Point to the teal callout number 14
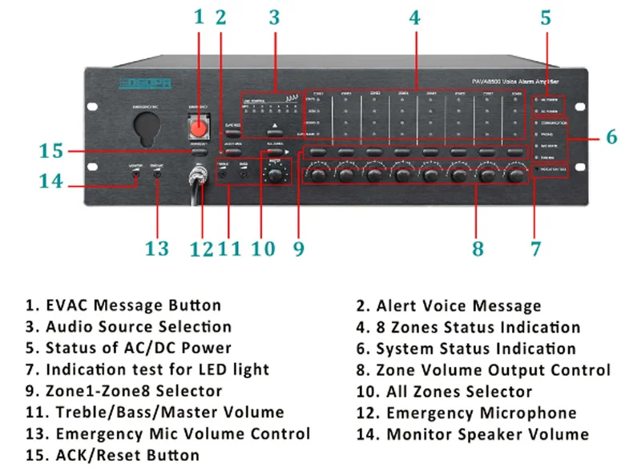pyautogui.click(x=50, y=181)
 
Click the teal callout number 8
pyautogui.click(x=478, y=248)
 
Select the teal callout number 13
pyautogui.click(x=157, y=248)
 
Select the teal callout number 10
pyautogui.click(x=263, y=248)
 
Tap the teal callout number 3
pyautogui.click(x=274, y=17)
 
